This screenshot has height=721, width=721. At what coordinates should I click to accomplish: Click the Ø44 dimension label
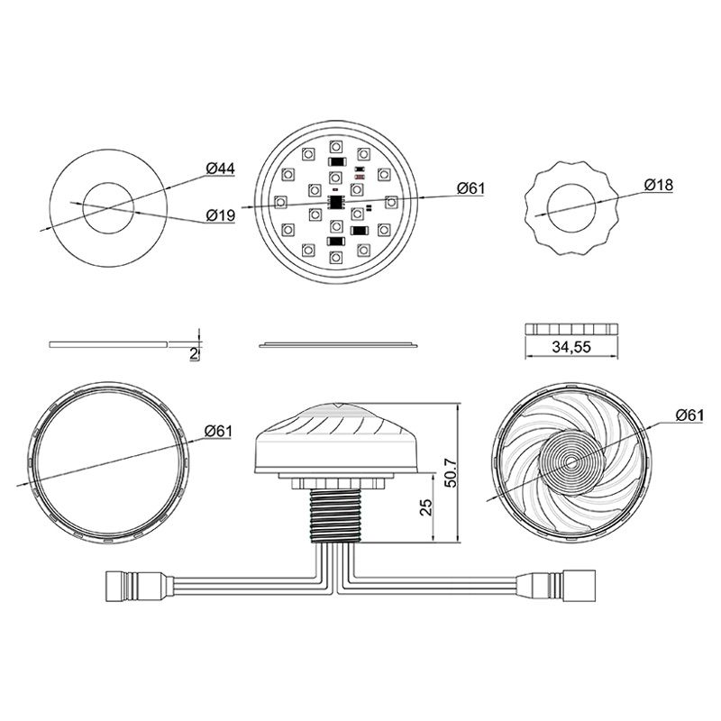(220, 169)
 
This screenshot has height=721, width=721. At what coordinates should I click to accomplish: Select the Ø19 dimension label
(220, 215)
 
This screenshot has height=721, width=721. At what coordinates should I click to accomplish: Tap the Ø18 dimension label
(659, 187)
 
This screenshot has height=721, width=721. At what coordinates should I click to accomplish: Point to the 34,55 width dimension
(571, 348)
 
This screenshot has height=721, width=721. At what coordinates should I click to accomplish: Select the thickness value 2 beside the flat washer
(193, 353)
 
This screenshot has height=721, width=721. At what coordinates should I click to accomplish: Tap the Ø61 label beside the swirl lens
(689, 415)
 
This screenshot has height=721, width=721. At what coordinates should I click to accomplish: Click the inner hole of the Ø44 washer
(108, 206)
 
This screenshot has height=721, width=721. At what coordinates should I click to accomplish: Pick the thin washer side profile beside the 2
(108, 343)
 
